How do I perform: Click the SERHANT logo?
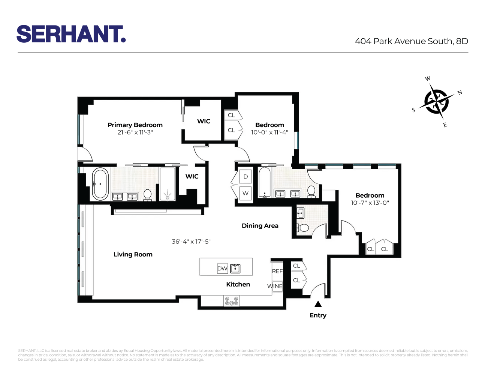[71, 34]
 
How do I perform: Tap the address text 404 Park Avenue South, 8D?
[411, 41]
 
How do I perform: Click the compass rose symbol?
[436, 101]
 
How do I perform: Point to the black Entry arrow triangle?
[318, 304]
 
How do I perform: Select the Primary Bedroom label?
[135, 125]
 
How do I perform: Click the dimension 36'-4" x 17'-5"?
[191, 241]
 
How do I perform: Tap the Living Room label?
[133, 254]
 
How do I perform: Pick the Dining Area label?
[260, 226]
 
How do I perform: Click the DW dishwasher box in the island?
[222, 268]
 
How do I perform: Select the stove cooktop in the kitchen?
[231, 301]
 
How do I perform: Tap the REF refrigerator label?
[277, 271]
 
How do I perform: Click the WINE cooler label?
[275, 286]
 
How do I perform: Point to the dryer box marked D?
[245, 177]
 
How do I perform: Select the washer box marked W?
[245, 193]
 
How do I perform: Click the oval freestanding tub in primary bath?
[100, 184]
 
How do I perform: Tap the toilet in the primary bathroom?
[147, 195]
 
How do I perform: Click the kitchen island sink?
[235, 268]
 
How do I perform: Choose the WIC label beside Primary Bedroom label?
[204, 121]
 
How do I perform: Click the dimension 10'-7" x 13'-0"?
[370, 203]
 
